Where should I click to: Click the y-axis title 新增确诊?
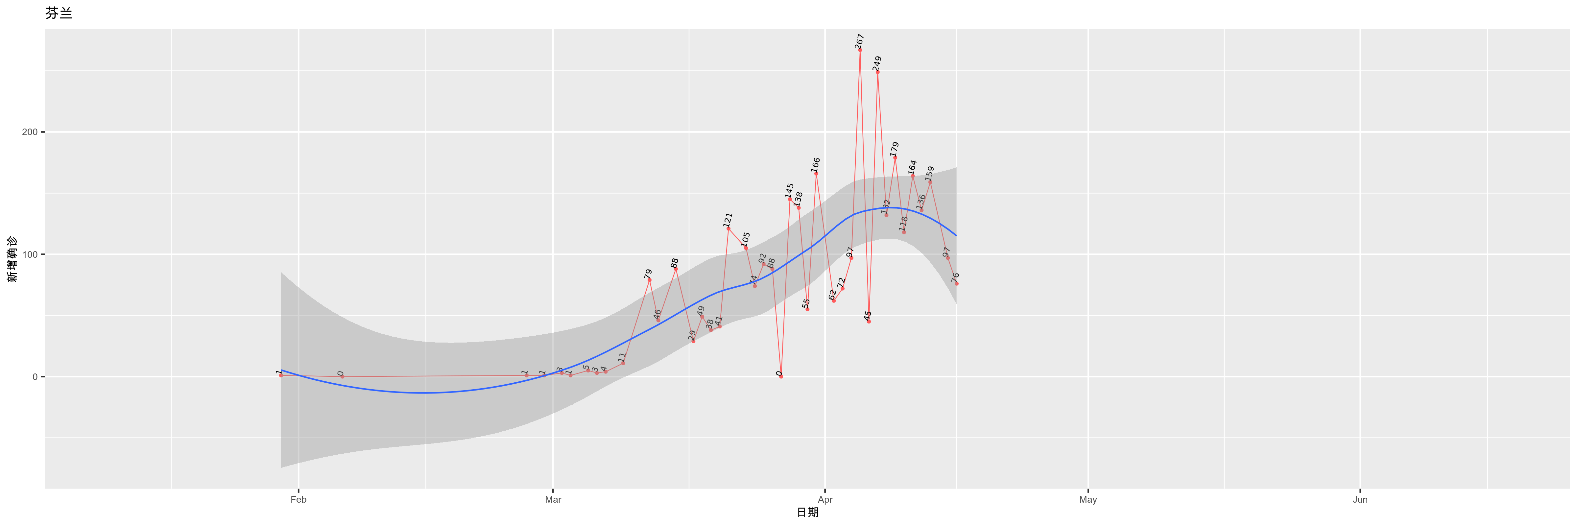[12, 259]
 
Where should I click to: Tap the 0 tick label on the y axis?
[35, 377]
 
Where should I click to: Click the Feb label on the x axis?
[298, 500]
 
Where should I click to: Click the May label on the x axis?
[1088, 500]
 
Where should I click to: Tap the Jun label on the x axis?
[1360, 500]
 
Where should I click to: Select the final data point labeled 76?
[956, 283]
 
